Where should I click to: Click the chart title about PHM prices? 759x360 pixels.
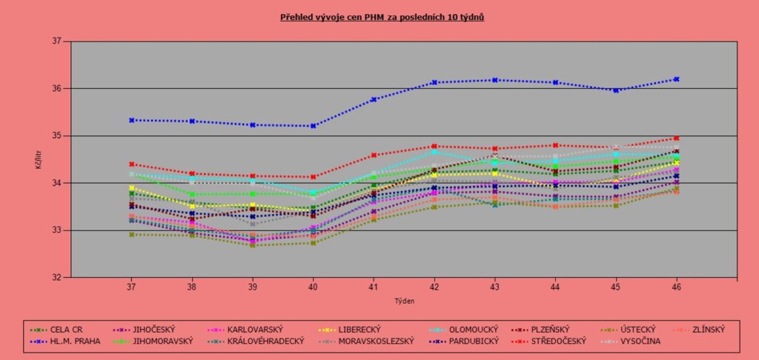(382, 16)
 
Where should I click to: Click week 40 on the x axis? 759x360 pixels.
(313, 285)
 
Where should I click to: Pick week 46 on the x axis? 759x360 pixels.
(677, 285)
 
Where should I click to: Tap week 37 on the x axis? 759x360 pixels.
(131, 285)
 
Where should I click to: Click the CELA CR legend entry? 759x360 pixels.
(67, 330)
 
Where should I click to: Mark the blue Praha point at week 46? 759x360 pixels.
(677, 79)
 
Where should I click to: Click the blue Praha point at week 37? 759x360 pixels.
(131, 120)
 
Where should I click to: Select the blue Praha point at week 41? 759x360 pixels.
(374, 99)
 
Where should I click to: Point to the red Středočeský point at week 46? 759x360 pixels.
(677, 139)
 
